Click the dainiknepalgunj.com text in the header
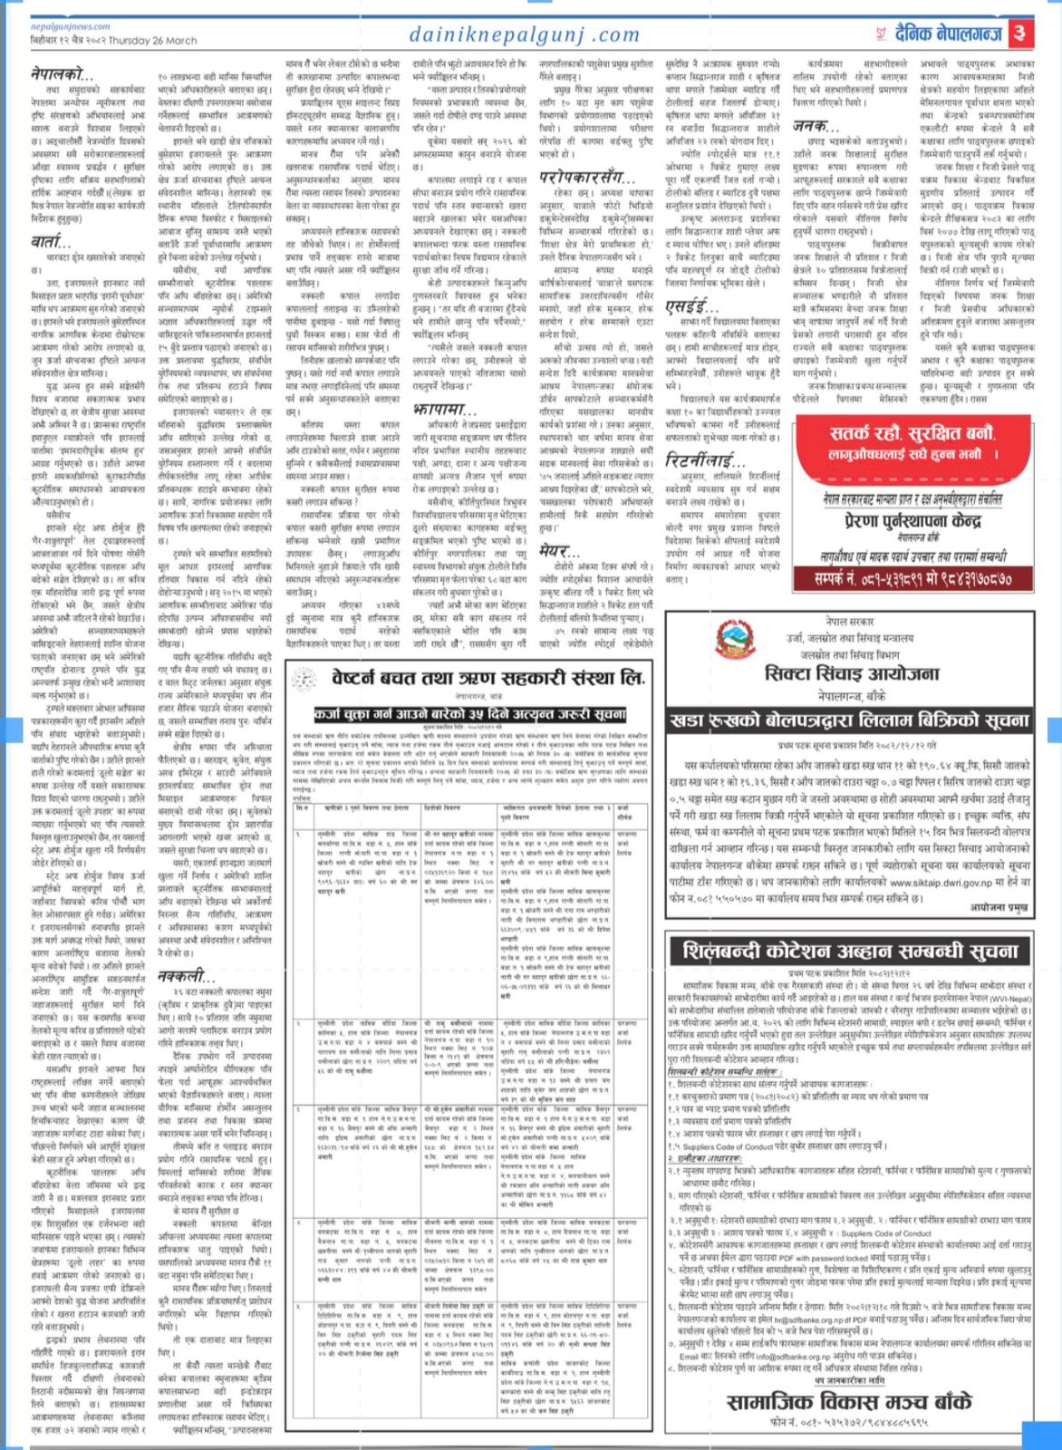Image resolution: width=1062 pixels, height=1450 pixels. tap(525, 35)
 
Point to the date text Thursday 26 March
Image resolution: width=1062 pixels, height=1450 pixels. tap(145, 41)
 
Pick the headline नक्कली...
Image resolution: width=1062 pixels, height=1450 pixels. tap(187, 975)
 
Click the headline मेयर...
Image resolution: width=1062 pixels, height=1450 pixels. tap(559, 551)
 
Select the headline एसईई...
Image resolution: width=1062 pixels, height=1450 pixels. tap(692, 306)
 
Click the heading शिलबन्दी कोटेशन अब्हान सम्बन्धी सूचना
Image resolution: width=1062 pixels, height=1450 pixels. tap(850, 952)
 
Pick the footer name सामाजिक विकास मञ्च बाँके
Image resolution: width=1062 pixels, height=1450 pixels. tap(848, 1402)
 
